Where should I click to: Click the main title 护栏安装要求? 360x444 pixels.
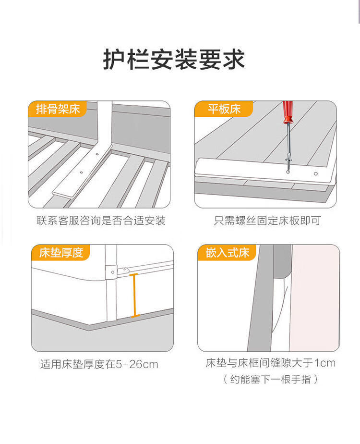[174, 59]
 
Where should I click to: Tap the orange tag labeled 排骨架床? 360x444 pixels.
[58, 109]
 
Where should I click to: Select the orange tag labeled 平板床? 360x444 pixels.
[224, 109]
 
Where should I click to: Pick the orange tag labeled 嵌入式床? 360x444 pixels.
[227, 253]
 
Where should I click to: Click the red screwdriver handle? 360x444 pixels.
[288, 112]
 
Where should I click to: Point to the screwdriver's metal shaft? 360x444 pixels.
[288, 147]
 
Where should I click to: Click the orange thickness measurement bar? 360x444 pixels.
[134, 296]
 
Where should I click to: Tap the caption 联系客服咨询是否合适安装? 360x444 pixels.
[101, 221]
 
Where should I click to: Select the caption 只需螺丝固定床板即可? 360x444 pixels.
[267, 221]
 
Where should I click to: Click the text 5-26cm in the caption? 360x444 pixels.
[137, 364]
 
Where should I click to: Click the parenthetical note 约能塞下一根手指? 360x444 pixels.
[270, 379]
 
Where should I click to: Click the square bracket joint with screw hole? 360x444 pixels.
[111, 272]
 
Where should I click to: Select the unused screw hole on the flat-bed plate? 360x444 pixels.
[316, 174]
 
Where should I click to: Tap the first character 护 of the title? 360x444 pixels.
[114, 59]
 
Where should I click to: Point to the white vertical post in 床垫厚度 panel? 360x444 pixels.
[111, 283]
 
